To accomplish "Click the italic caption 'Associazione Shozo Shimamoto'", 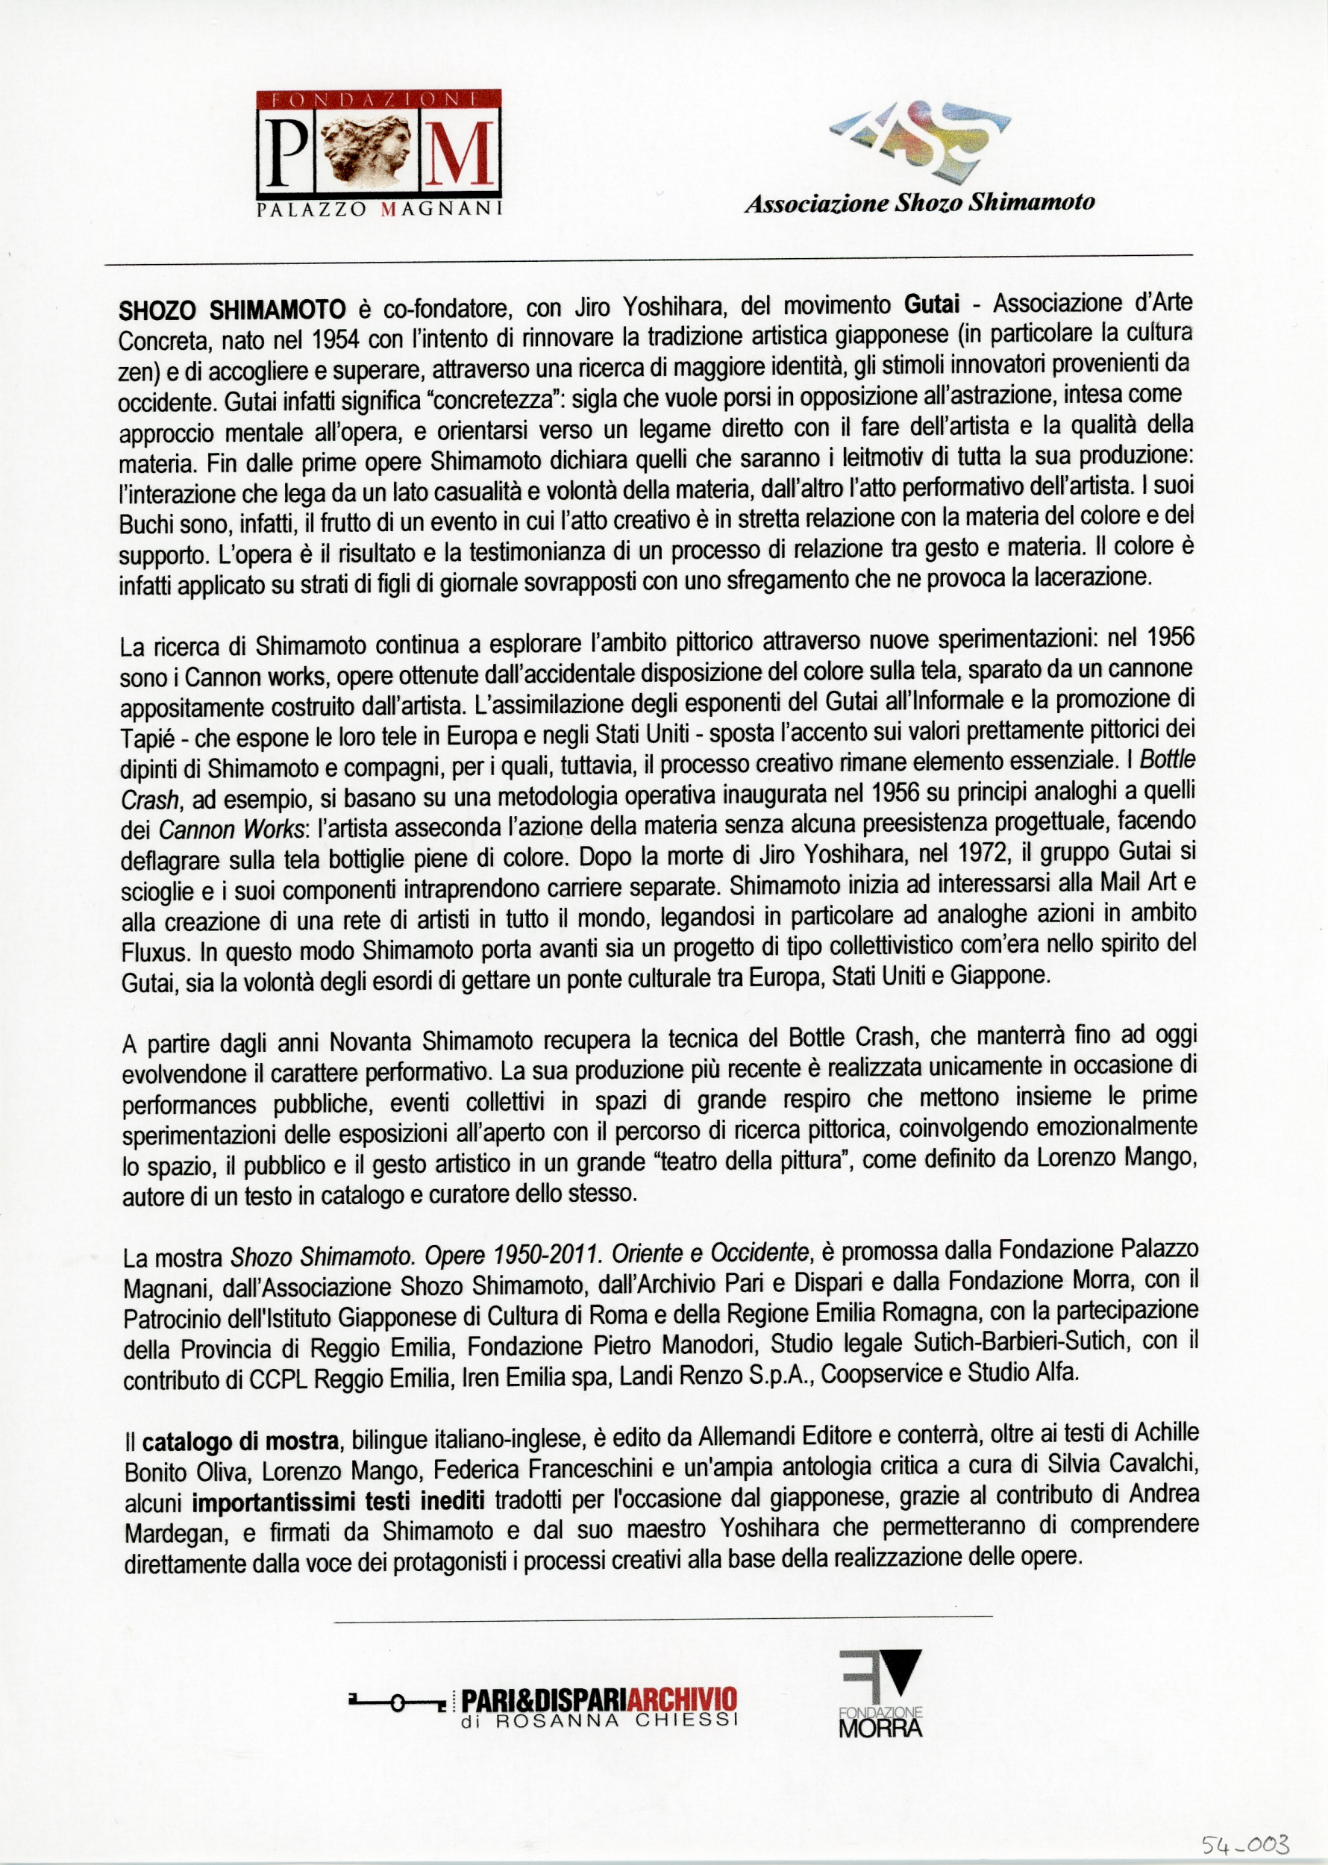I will click(919, 203).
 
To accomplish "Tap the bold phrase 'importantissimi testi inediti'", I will click(339, 1502).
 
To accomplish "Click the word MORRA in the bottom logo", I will click(880, 1728).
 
